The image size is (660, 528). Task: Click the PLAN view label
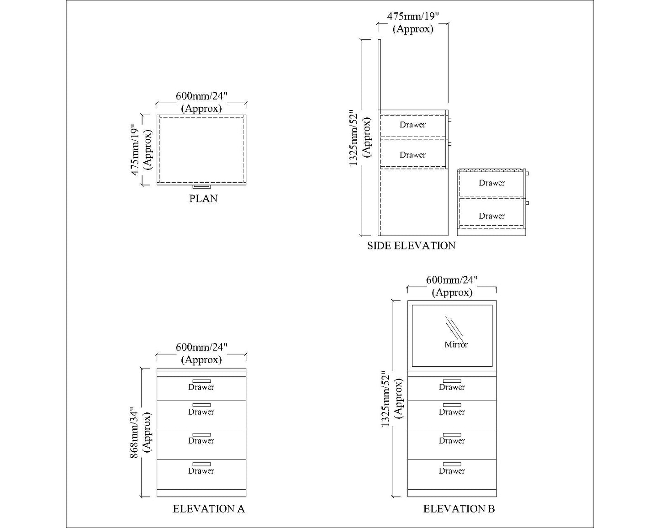tap(203, 199)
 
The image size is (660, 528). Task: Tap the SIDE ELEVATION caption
tap(411, 246)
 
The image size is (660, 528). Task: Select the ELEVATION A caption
tap(209, 509)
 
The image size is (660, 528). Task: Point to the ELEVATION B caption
tap(459, 509)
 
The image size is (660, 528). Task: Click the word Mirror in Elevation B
tap(456, 345)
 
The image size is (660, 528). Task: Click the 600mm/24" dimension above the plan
tap(201, 96)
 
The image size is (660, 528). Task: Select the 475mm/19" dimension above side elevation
tap(413, 16)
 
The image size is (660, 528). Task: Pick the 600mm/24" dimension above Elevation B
tap(452, 280)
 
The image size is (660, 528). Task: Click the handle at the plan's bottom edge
tap(201, 186)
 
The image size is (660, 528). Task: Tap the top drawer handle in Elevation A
tap(201, 381)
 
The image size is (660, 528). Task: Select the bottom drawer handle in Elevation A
tap(201, 464)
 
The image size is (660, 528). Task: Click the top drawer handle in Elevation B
tap(452, 381)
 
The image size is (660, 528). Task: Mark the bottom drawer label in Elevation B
tap(452, 471)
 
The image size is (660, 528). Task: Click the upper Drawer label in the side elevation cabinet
tap(412, 125)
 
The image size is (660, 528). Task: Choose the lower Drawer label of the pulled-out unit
tap(491, 216)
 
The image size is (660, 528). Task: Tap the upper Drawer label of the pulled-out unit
tap(491, 183)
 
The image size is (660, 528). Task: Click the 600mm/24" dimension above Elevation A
tap(201, 347)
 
